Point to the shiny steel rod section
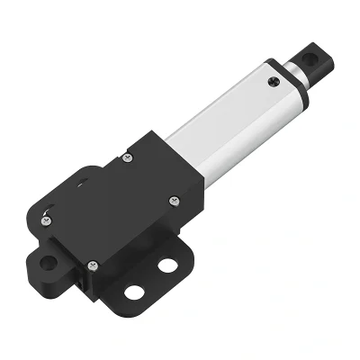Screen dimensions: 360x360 click(x=293, y=75)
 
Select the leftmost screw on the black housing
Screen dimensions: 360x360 click(x=48, y=217)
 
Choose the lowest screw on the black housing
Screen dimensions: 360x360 click(x=92, y=264)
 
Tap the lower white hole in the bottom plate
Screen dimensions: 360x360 click(x=133, y=292)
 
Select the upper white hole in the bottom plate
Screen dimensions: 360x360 click(x=166, y=266)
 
